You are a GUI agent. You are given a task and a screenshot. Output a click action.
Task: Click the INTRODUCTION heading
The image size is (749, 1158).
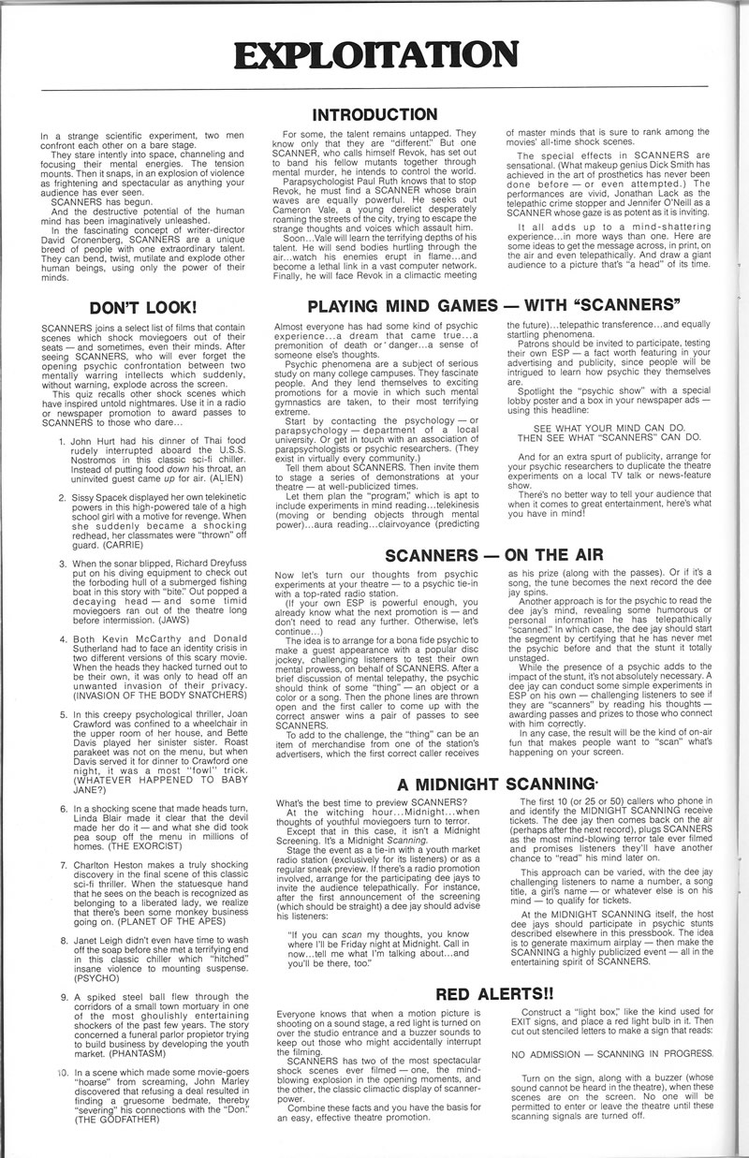[374, 115]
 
